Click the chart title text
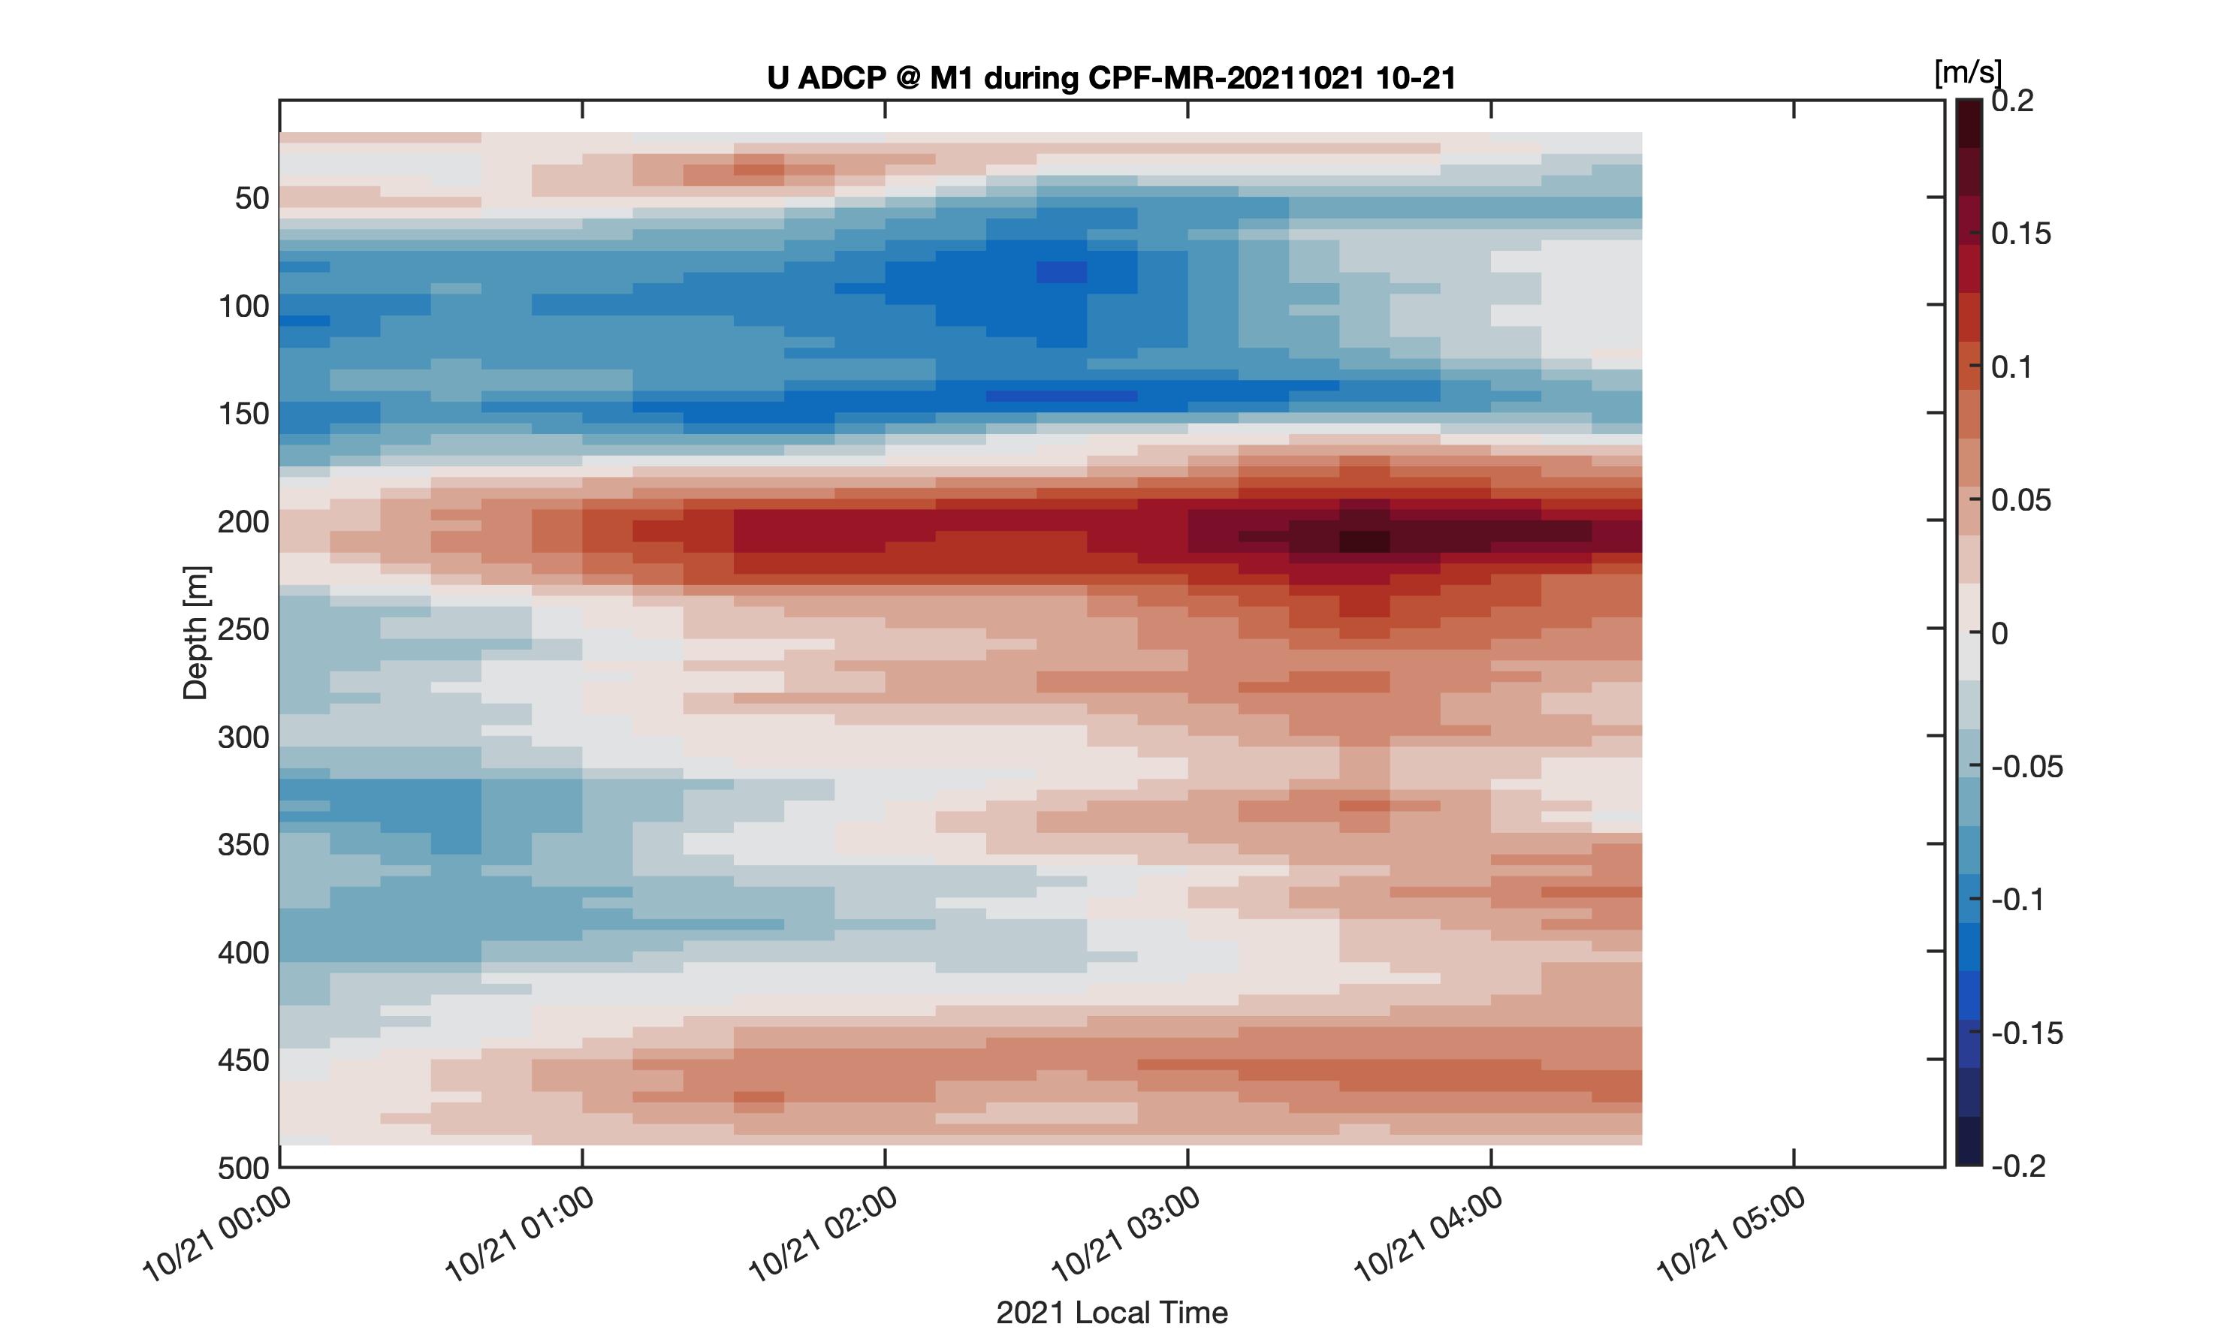click(x=1111, y=78)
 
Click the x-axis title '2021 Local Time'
click(x=1111, y=1312)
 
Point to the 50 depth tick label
click(x=252, y=198)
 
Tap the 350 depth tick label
click(x=243, y=844)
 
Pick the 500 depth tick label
click(x=243, y=1168)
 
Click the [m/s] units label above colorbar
click(x=1968, y=73)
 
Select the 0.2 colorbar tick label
click(x=2013, y=101)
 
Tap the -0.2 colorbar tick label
click(x=2018, y=1166)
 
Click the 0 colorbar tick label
click(x=1999, y=634)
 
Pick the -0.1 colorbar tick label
click(x=2018, y=900)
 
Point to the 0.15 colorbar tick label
click(x=2022, y=234)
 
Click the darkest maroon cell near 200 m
click(x=1365, y=541)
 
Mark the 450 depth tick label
click(x=243, y=1060)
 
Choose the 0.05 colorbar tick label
click(x=2022, y=500)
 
